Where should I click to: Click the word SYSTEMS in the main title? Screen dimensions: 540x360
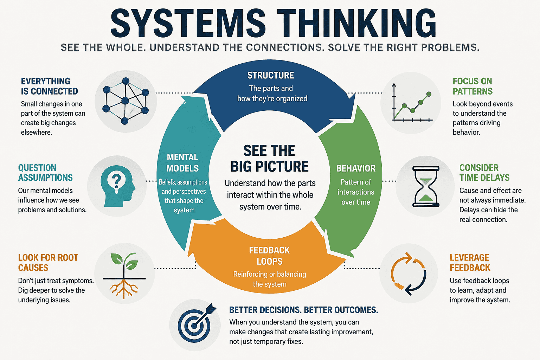(x=188, y=24)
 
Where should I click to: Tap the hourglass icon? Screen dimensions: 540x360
(x=426, y=186)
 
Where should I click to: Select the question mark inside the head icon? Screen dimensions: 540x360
(x=116, y=181)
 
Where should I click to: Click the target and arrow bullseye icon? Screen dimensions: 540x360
(x=197, y=323)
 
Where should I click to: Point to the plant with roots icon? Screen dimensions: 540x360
(x=124, y=275)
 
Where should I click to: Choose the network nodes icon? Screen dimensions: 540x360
(x=126, y=101)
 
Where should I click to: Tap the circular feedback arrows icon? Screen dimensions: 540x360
(x=409, y=274)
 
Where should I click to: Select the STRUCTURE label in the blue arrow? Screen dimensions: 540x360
(x=270, y=76)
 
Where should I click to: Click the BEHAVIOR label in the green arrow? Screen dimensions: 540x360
(x=356, y=168)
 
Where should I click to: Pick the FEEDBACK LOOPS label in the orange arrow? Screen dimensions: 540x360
(x=269, y=256)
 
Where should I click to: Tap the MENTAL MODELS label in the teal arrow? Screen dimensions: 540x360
(x=182, y=163)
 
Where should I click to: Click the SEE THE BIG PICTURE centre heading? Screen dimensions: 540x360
(x=269, y=159)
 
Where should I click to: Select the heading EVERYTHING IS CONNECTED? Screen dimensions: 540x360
(x=50, y=86)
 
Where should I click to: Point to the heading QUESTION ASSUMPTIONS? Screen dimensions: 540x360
(x=45, y=173)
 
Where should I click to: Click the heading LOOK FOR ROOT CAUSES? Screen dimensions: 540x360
(x=48, y=263)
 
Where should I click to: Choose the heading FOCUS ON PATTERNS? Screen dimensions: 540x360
(x=472, y=86)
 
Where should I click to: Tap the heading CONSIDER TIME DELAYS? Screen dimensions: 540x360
(x=484, y=173)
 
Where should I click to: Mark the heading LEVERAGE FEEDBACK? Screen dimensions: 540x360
(x=470, y=263)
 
